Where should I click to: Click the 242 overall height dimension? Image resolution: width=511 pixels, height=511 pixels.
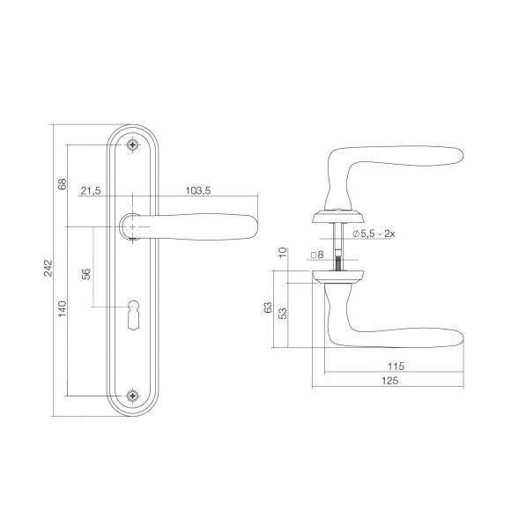pos(48,268)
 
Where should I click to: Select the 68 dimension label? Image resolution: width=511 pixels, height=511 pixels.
pos(62,184)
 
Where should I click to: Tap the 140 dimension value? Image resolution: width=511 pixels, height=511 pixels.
pos(62,308)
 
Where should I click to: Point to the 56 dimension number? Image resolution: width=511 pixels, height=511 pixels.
pos(85,274)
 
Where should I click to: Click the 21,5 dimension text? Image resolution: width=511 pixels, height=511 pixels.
pos(91,190)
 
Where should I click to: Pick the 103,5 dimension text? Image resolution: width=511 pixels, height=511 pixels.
pos(198,190)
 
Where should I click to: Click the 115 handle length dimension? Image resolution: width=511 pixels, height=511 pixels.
pos(396,367)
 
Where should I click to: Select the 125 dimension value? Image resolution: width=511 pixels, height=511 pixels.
pos(389,381)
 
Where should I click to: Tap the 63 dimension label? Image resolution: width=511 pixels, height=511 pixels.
pos(268,307)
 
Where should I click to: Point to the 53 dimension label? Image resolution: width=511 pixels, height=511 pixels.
pos(284,313)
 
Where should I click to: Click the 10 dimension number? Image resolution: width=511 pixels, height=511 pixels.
pos(283,252)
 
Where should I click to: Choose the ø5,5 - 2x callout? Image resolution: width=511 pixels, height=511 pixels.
pos(374,233)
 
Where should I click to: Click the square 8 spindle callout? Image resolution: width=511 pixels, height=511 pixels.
pos(317,255)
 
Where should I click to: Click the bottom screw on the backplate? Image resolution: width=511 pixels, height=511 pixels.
pos(133,396)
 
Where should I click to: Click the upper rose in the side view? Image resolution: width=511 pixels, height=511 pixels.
pos(337,217)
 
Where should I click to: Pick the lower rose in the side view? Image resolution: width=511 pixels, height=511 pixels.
pos(337,277)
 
